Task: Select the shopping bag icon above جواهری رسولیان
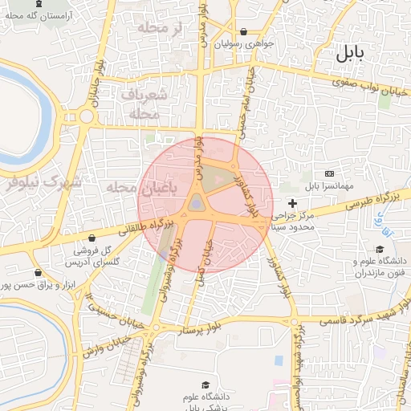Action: coord(244,32)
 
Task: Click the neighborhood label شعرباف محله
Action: coord(144,104)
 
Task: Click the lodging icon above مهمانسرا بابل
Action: coord(329,173)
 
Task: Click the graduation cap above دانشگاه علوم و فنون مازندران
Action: coord(380,249)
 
